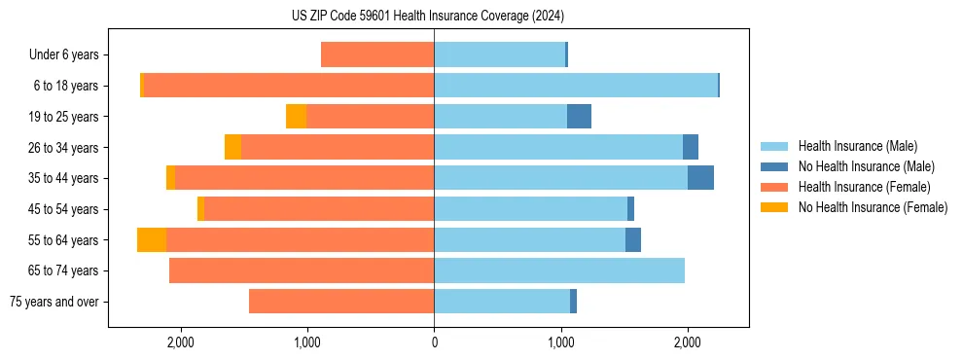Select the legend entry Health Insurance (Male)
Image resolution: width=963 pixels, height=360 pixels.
pyautogui.click(x=857, y=146)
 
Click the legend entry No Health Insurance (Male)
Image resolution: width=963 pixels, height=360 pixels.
pyautogui.click(x=866, y=166)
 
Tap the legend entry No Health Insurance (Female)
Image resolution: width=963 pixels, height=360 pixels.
pyautogui.click(x=873, y=207)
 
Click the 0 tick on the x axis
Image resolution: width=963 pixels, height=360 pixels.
pyautogui.click(x=434, y=342)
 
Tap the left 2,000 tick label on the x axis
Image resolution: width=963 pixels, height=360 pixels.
pyautogui.click(x=181, y=342)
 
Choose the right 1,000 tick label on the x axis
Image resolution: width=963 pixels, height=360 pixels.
pyautogui.click(x=560, y=342)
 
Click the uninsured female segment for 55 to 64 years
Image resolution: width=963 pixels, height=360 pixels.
pyautogui.click(x=152, y=240)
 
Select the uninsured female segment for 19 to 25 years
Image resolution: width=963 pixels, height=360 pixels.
pyautogui.click(x=296, y=117)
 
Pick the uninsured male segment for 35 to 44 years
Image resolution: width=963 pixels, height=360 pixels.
pyautogui.click(x=700, y=178)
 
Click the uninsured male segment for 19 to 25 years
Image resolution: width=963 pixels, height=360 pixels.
pyautogui.click(x=579, y=117)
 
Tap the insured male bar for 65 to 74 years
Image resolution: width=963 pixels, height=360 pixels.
pyautogui.click(x=559, y=270)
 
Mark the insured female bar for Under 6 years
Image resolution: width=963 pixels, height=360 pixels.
pyautogui.click(x=377, y=55)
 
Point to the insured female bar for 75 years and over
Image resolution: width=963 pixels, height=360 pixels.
pyautogui.click(x=341, y=302)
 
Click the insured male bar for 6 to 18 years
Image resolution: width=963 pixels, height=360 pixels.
pyautogui.click(x=576, y=86)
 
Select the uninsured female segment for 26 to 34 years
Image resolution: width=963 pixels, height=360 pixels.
pyautogui.click(x=232, y=147)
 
